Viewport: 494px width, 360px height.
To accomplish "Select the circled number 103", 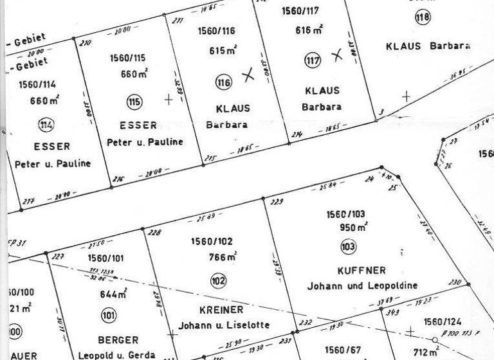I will click(348, 246).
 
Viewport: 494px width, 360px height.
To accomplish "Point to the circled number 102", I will click(219, 280).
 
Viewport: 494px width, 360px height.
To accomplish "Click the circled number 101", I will click(108, 315).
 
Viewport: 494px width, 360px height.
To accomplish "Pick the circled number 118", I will click(422, 17).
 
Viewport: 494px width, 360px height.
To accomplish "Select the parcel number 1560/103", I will click(345, 213).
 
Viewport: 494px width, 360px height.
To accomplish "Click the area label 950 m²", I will click(354, 227).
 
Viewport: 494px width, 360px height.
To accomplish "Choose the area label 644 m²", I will click(113, 295).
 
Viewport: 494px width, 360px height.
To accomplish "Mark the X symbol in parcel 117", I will click(336, 55).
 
